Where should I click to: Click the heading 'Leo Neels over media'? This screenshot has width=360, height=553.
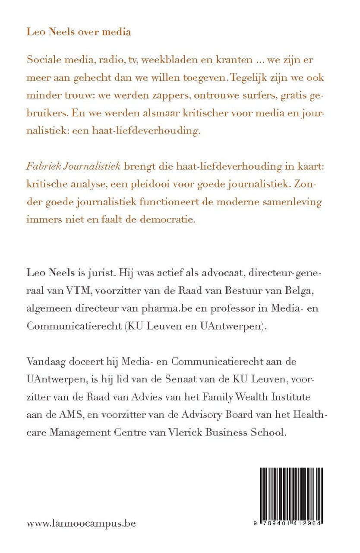(x=79, y=32)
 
